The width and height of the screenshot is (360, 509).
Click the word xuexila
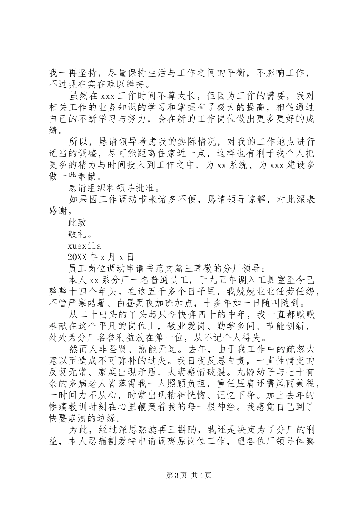tap(84, 245)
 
